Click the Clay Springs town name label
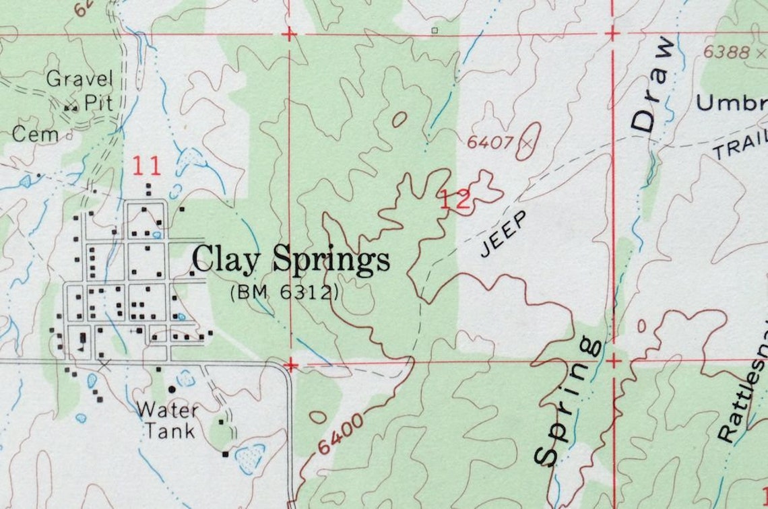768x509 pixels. pos(291,261)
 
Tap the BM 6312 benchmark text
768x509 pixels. pos(284,294)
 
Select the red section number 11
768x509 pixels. pos(146,166)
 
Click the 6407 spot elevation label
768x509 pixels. pos(490,142)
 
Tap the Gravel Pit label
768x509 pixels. pos(79,90)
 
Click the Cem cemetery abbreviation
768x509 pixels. pos(35,135)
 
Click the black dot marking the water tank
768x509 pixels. pos(172,389)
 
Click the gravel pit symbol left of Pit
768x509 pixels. pos(70,106)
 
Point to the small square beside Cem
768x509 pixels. pos(69,135)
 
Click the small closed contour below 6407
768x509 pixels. pos(399,119)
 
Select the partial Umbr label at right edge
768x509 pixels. pos(731,103)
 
